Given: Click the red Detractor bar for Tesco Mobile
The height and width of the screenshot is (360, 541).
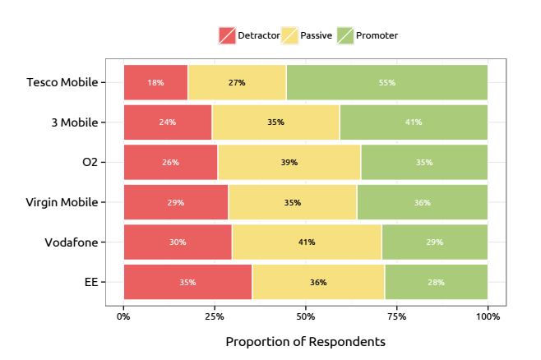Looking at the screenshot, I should (155, 82).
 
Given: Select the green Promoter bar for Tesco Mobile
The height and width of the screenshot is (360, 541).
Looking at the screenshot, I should (386, 82).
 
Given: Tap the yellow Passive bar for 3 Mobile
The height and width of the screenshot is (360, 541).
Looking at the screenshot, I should (275, 122).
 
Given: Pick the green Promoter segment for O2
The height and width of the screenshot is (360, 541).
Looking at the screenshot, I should (423, 162).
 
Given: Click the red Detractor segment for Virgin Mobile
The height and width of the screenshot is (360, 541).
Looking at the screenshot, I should (176, 202).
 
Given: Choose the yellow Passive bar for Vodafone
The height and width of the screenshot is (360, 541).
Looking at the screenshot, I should (307, 242).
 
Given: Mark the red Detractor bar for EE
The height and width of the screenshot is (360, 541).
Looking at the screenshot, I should (187, 282).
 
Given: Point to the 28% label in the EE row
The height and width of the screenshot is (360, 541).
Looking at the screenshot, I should (436, 282).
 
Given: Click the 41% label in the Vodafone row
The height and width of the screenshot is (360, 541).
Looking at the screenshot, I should (307, 242).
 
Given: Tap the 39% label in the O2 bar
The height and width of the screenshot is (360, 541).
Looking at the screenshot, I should (289, 162).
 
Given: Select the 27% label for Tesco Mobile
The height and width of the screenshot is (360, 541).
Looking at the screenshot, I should (237, 82).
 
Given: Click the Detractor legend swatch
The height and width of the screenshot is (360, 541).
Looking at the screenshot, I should (227, 35).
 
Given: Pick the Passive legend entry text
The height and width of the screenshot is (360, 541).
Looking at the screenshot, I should (317, 35).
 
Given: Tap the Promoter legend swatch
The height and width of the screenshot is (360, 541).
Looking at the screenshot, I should (345, 35).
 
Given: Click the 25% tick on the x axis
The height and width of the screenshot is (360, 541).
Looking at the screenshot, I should (215, 315).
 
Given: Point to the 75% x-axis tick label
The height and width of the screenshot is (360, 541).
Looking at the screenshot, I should (396, 315).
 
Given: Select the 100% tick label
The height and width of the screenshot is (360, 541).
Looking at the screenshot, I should (488, 315).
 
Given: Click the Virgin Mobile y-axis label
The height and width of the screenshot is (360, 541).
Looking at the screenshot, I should (62, 202).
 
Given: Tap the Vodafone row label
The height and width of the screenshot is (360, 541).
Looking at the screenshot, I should (71, 242).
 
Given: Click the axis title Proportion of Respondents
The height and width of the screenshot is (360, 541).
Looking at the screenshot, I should (305, 341).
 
